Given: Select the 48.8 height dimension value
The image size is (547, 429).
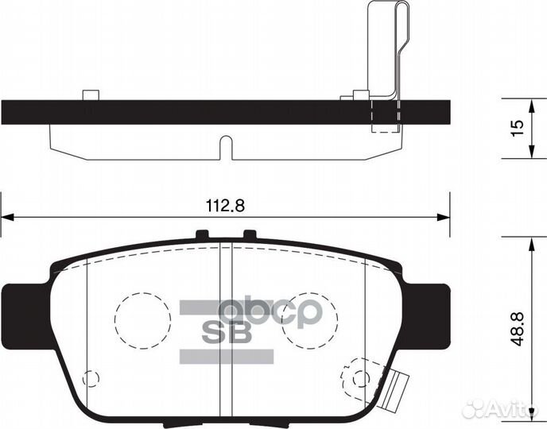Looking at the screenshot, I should click(517, 327).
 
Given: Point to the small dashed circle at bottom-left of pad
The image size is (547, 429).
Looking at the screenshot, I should click(91, 379).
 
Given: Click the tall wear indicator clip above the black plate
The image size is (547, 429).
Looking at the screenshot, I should click(385, 48).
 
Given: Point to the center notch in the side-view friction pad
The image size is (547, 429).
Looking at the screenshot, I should click(226, 148).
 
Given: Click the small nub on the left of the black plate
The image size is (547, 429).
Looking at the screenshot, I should click(91, 95).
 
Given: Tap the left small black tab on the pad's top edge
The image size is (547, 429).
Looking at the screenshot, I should click(202, 234).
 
